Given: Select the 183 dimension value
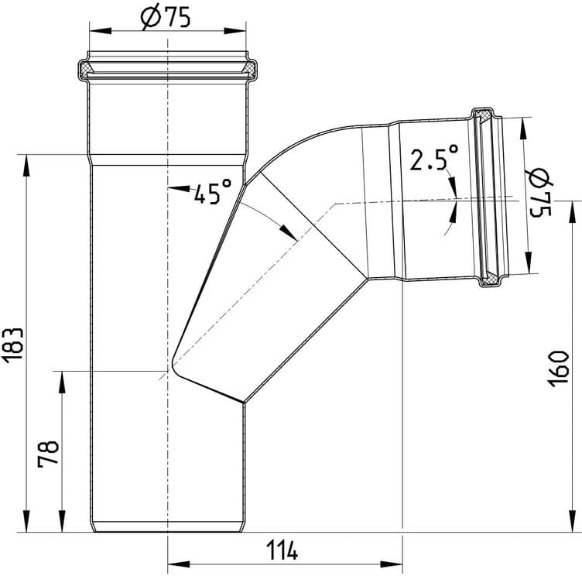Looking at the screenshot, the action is coord(14,345).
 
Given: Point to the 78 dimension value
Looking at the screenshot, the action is coord(49,454).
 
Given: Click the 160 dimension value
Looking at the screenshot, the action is coord(559,369).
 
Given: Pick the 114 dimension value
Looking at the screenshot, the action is coord(282,550).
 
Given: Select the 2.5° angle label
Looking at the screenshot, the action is coord(433,157).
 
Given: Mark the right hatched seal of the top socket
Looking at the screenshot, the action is coord(248,68).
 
